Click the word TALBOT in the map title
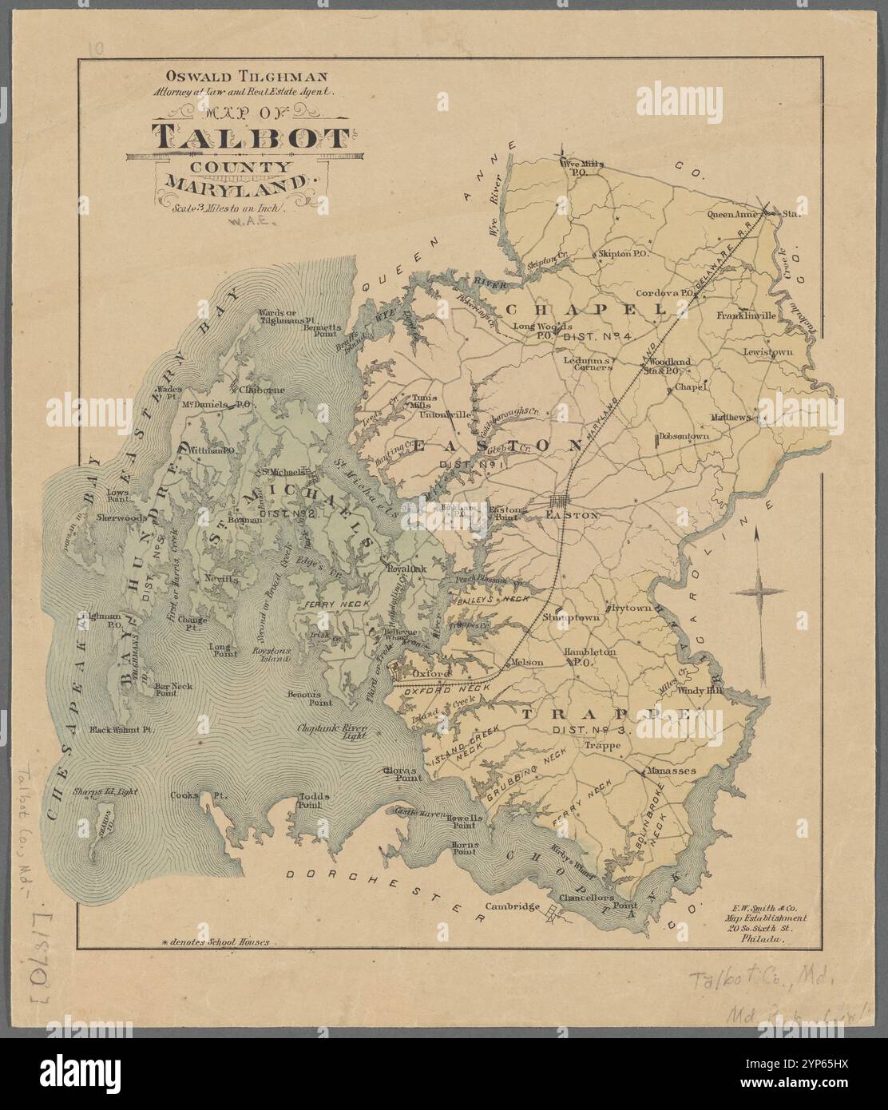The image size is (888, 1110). [x=248, y=137]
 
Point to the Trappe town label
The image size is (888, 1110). [x=602, y=747]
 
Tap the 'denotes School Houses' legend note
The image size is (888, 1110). [x=216, y=942]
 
